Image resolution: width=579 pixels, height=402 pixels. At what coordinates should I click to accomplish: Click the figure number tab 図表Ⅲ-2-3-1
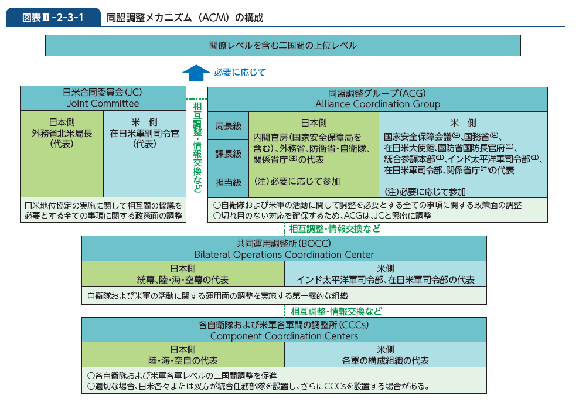53,18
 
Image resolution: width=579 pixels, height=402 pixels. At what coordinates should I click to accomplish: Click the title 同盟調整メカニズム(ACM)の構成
185,18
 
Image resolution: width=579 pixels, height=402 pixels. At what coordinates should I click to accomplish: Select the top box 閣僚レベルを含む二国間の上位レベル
283,45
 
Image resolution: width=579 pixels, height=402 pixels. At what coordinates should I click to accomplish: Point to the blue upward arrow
196,73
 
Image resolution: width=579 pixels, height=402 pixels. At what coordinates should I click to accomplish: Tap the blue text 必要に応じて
240,72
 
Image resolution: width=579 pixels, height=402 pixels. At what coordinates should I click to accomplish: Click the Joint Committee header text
103,103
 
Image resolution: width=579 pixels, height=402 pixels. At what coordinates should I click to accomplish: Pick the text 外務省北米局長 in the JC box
62,133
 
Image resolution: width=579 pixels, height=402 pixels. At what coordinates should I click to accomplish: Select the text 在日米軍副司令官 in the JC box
144,133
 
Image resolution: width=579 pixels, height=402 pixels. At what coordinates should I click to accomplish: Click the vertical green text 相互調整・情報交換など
197,147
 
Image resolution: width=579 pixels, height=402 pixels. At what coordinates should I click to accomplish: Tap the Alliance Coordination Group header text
378,104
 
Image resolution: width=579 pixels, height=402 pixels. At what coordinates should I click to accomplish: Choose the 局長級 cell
228,126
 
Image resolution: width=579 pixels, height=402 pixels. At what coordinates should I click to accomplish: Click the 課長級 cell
228,154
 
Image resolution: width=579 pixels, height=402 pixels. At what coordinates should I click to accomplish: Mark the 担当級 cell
228,182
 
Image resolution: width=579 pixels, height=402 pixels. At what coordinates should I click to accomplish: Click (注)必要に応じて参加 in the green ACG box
297,181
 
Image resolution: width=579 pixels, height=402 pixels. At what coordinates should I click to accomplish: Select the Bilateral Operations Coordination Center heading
284,254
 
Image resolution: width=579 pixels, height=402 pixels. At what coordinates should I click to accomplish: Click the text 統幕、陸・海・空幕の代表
183,280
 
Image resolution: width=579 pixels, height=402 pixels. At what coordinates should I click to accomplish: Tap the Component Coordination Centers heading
284,336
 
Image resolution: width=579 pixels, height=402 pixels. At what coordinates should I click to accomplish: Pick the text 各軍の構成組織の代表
385,360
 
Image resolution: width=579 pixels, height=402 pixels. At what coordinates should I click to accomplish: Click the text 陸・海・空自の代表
183,360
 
